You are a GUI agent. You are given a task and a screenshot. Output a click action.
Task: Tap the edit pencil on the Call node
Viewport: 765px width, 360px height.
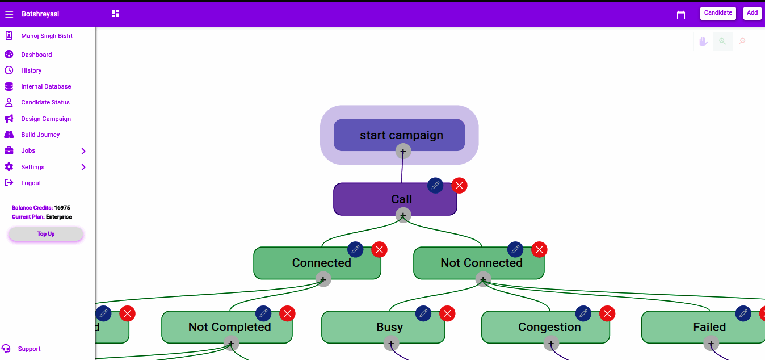[435, 186]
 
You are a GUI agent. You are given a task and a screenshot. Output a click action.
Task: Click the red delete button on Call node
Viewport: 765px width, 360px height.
[459, 186]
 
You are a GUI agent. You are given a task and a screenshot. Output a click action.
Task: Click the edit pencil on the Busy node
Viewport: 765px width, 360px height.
[423, 313]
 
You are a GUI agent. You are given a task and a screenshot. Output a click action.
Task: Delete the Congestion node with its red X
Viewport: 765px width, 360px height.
[607, 313]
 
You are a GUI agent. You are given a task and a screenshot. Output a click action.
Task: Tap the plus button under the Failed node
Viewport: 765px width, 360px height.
[711, 344]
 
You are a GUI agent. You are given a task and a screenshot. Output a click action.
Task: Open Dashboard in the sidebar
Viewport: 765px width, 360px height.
[36, 55]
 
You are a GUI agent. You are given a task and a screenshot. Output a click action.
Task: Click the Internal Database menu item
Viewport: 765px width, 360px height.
[46, 86]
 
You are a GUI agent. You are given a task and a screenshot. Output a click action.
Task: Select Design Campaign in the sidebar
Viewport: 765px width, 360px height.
[46, 119]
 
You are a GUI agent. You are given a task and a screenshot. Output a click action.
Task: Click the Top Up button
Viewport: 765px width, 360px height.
[46, 234]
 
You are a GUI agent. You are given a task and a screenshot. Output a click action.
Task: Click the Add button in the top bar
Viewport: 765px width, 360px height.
[752, 13]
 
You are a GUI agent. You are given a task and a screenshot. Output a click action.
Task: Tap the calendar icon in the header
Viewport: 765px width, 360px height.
[681, 15]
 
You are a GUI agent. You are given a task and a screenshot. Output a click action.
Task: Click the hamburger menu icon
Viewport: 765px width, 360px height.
[9, 14]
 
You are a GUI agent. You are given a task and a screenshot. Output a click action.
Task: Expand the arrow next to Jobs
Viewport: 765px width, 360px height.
[83, 151]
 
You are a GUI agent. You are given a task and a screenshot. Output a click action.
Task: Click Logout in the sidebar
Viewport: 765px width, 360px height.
[31, 183]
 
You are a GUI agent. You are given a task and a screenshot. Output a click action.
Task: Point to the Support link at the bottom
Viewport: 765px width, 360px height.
[29, 349]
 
